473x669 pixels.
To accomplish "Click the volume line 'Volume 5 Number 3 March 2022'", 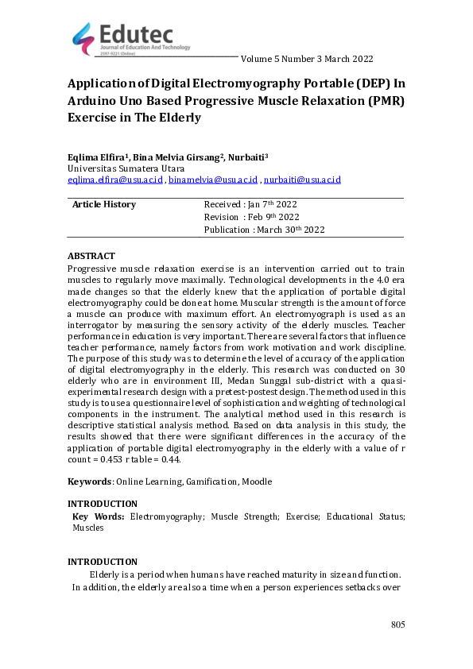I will click(306, 59).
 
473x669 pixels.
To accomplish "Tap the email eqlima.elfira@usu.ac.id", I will click(116, 180).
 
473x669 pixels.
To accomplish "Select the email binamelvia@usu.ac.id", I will click(214, 180).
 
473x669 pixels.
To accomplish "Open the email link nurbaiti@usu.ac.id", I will click(302, 180).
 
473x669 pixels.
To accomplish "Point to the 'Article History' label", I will click(104, 204).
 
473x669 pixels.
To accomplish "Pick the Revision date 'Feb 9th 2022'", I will click(275, 217).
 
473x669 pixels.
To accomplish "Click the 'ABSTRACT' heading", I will click(91, 256).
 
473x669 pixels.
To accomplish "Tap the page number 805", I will click(397, 625).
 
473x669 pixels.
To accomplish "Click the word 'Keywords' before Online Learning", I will click(89, 481).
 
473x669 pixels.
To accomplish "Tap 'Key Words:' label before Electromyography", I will click(99, 516).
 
